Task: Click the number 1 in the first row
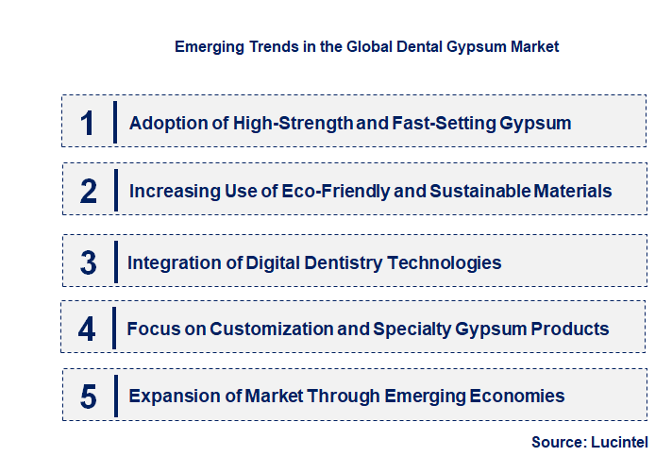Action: point(88,123)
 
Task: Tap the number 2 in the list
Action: point(89,192)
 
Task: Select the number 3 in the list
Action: point(88,262)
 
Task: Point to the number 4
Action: point(88,329)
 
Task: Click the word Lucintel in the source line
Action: point(620,442)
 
